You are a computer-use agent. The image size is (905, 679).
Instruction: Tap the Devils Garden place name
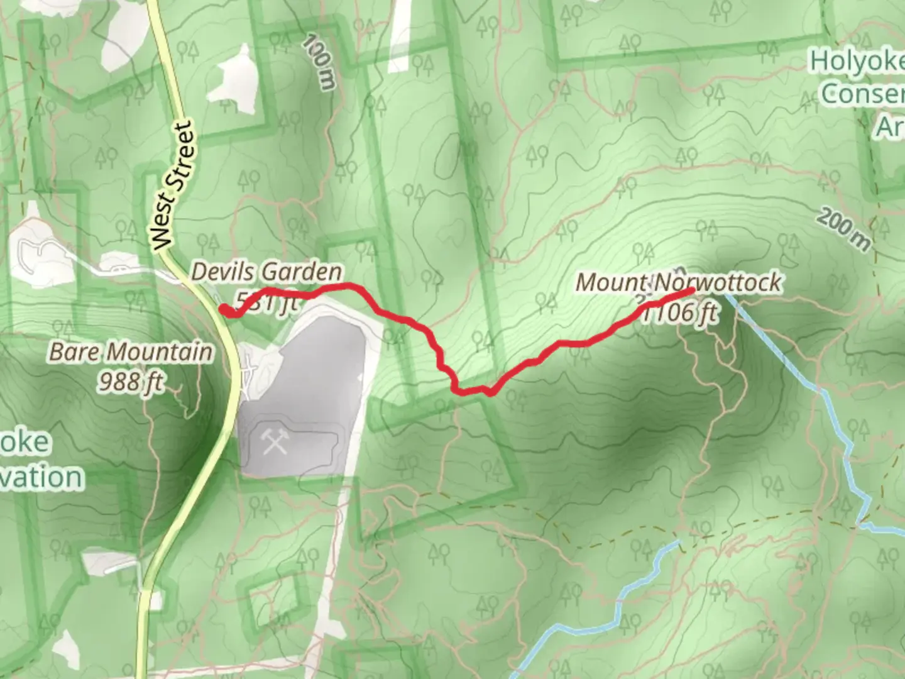point(266,272)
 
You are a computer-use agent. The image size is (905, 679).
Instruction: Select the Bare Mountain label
point(131,352)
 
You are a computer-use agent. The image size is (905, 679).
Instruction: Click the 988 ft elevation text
point(131,381)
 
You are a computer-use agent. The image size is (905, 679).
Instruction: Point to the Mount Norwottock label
point(679,282)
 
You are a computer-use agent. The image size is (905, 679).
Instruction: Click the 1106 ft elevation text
point(680,312)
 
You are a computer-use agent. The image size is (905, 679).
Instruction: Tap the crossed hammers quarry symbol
point(275,443)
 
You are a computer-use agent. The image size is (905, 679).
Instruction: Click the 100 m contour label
point(319,62)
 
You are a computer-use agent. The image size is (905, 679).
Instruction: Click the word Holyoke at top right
point(856,63)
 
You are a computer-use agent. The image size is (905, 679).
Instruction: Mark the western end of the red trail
point(223,308)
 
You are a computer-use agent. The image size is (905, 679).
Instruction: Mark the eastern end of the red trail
point(691,290)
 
